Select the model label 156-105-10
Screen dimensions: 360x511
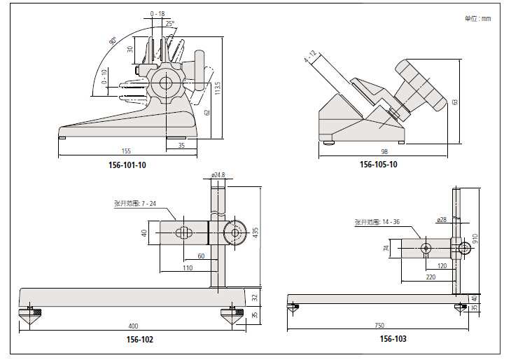click(x=379, y=165)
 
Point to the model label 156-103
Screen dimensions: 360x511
click(x=393, y=339)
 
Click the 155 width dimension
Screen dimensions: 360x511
click(x=126, y=151)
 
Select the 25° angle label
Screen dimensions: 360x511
click(x=169, y=23)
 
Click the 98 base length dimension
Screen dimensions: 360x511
click(x=384, y=152)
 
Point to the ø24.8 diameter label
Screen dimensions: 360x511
click(x=218, y=174)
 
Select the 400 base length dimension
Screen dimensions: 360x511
click(x=133, y=326)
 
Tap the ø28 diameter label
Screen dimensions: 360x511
click(x=441, y=220)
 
